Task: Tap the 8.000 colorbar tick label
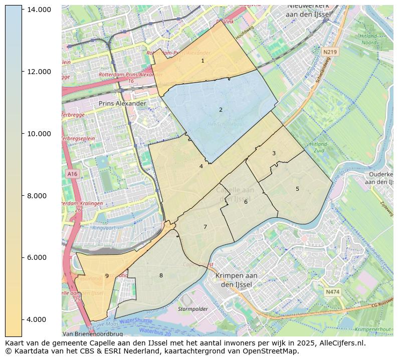click(40, 196)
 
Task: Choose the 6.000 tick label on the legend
click(40, 257)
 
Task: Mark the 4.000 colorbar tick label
click(40, 319)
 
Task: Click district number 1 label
click(203, 61)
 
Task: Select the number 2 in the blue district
click(221, 110)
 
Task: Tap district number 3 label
click(274, 153)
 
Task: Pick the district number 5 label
click(297, 189)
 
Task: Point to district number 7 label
click(205, 227)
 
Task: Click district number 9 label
click(107, 276)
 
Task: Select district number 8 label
click(161, 275)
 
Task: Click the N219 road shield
click(330, 52)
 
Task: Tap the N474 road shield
click(332, 292)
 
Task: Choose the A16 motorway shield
click(72, 174)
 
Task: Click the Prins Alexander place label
click(122, 104)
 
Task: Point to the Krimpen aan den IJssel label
click(236, 280)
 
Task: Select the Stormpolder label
click(192, 309)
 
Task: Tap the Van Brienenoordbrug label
click(93, 333)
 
